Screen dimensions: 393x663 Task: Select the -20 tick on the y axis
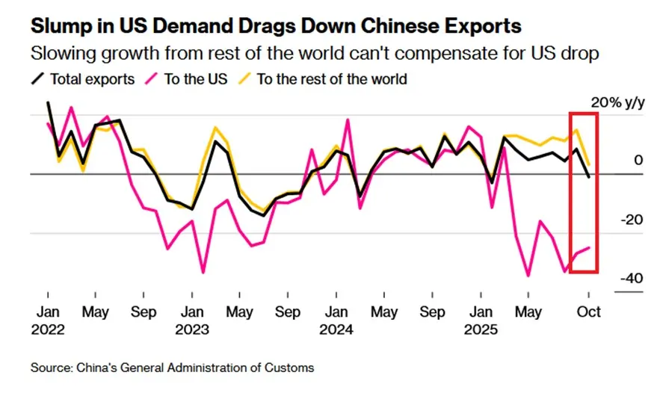(x=631, y=219)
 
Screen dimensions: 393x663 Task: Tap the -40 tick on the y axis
(x=631, y=278)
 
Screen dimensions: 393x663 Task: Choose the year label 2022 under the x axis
(x=49, y=329)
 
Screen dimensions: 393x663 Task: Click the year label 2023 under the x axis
(x=193, y=329)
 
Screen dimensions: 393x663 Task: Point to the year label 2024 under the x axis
(x=338, y=329)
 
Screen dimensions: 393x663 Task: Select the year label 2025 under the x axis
(x=482, y=329)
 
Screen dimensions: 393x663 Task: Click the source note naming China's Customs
(x=173, y=368)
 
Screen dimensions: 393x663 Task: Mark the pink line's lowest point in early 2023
(x=203, y=272)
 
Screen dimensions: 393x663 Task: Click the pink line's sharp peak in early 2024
(x=348, y=120)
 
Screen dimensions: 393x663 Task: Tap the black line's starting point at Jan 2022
(x=48, y=102)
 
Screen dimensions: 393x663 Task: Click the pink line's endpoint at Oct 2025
(x=590, y=247)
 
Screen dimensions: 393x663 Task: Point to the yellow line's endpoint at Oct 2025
(x=590, y=164)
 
